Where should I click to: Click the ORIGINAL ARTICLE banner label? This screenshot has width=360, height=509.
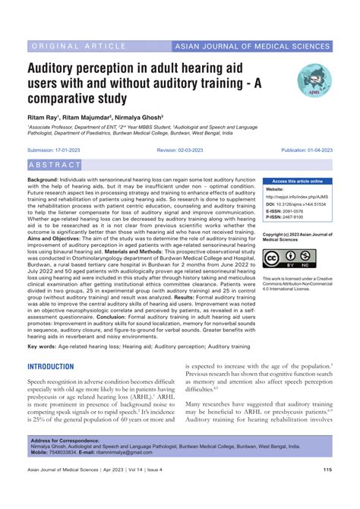point(69,46)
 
